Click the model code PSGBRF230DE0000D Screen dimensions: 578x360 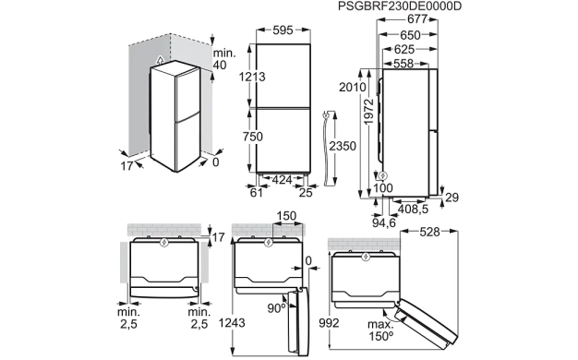point(400,6)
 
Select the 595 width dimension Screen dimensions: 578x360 point(283,30)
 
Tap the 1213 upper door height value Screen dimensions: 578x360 point(252,77)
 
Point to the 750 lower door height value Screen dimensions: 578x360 point(252,137)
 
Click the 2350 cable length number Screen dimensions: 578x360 point(343,146)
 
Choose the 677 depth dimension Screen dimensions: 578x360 point(417,18)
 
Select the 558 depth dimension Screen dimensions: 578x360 point(403,64)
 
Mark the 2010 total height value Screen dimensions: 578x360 point(353,88)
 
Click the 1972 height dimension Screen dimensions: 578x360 point(368,111)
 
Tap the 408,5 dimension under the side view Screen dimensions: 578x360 point(414,209)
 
